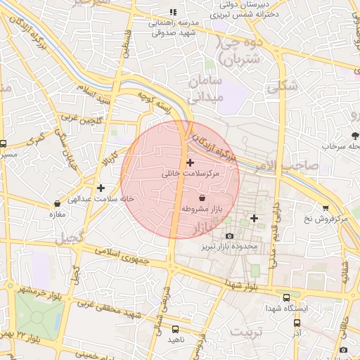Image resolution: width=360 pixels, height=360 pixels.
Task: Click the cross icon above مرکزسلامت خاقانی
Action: pyautogui.click(x=190, y=162)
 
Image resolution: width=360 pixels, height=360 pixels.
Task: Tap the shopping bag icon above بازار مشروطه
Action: pyautogui.click(x=202, y=198)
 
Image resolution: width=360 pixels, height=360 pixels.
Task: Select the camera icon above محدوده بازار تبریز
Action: pyautogui.click(x=229, y=236)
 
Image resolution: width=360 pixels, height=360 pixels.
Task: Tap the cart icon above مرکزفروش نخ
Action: pyautogui.click(x=326, y=208)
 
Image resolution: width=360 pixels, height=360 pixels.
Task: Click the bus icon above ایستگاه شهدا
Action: pyautogui.click(x=285, y=297)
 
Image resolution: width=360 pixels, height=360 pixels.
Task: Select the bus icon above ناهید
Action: pyautogui.click(x=175, y=329)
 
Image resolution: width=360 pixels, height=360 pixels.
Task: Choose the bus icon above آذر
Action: pyautogui.click(x=297, y=323)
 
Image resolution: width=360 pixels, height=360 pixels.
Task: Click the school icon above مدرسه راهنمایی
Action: pyautogui.click(x=174, y=13)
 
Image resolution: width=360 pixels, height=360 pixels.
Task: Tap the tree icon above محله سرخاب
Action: pyautogui.click(x=354, y=135)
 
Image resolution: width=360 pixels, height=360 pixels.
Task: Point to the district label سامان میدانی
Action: pyautogui.click(x=206, y=90)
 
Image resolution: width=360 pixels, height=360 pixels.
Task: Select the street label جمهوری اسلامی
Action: pyautogui.click(x=123, y=257)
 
